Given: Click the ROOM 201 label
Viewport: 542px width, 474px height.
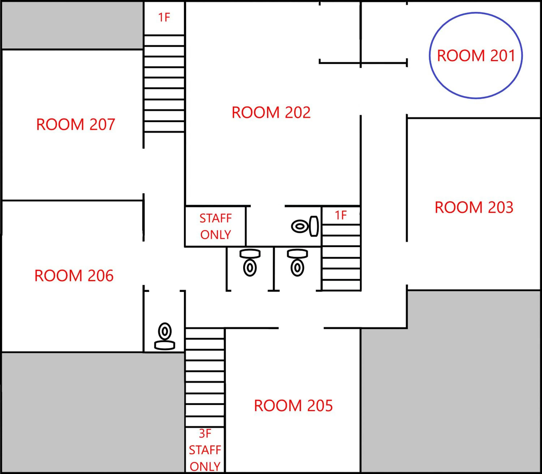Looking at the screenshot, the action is tap(476, 56).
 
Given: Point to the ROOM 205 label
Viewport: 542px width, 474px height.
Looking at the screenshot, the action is tap(293, 406).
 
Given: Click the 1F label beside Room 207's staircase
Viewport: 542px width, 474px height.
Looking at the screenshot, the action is tap(164, 18).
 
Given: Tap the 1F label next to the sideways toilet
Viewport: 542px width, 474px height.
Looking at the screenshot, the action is tap(341, 215).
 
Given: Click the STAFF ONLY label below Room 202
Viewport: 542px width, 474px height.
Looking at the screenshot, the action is tap(216, 226).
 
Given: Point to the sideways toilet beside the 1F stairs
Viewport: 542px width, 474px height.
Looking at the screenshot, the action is tap(305, 226).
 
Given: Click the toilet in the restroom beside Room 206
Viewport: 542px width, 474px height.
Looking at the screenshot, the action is tap(165, 336).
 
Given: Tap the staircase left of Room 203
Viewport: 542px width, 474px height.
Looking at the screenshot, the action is tap(341, 257).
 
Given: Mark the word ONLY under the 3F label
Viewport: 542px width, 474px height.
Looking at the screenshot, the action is tap(205, 466).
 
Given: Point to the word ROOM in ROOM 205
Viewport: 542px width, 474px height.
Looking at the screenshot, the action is tap(274, 406).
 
